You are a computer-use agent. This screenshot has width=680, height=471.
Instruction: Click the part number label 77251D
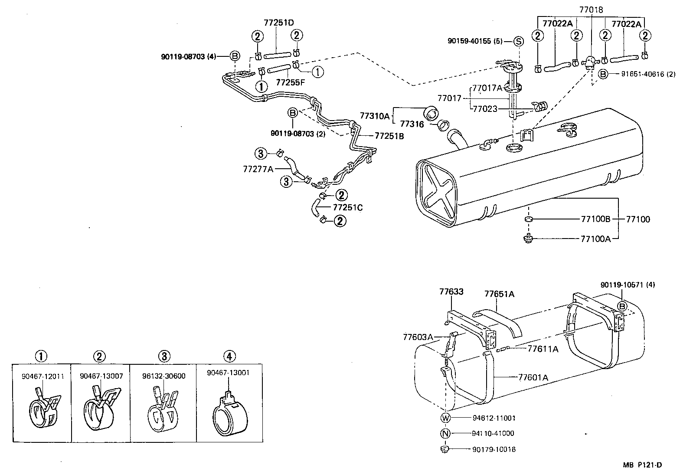coord(281,23)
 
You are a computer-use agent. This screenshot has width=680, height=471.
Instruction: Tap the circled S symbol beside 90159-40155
coord(519,42)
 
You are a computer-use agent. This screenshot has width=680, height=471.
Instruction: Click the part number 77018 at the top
coord(591,9)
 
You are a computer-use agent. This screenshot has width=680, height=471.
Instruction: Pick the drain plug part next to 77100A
coord(528,238)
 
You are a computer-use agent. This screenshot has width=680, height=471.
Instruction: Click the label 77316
coord(412,124)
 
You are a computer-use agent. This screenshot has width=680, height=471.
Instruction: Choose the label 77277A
coord(258,169)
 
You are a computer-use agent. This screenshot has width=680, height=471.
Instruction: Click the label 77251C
coord(348,207)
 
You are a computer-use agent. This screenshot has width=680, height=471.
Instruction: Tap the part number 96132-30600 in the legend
coord(164,376)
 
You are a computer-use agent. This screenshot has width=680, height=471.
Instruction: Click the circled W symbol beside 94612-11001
coord(445,418)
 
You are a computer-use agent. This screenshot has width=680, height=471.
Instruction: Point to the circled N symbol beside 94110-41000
coord(445,433)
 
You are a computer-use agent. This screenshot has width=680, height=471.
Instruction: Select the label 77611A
coord(543,349)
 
